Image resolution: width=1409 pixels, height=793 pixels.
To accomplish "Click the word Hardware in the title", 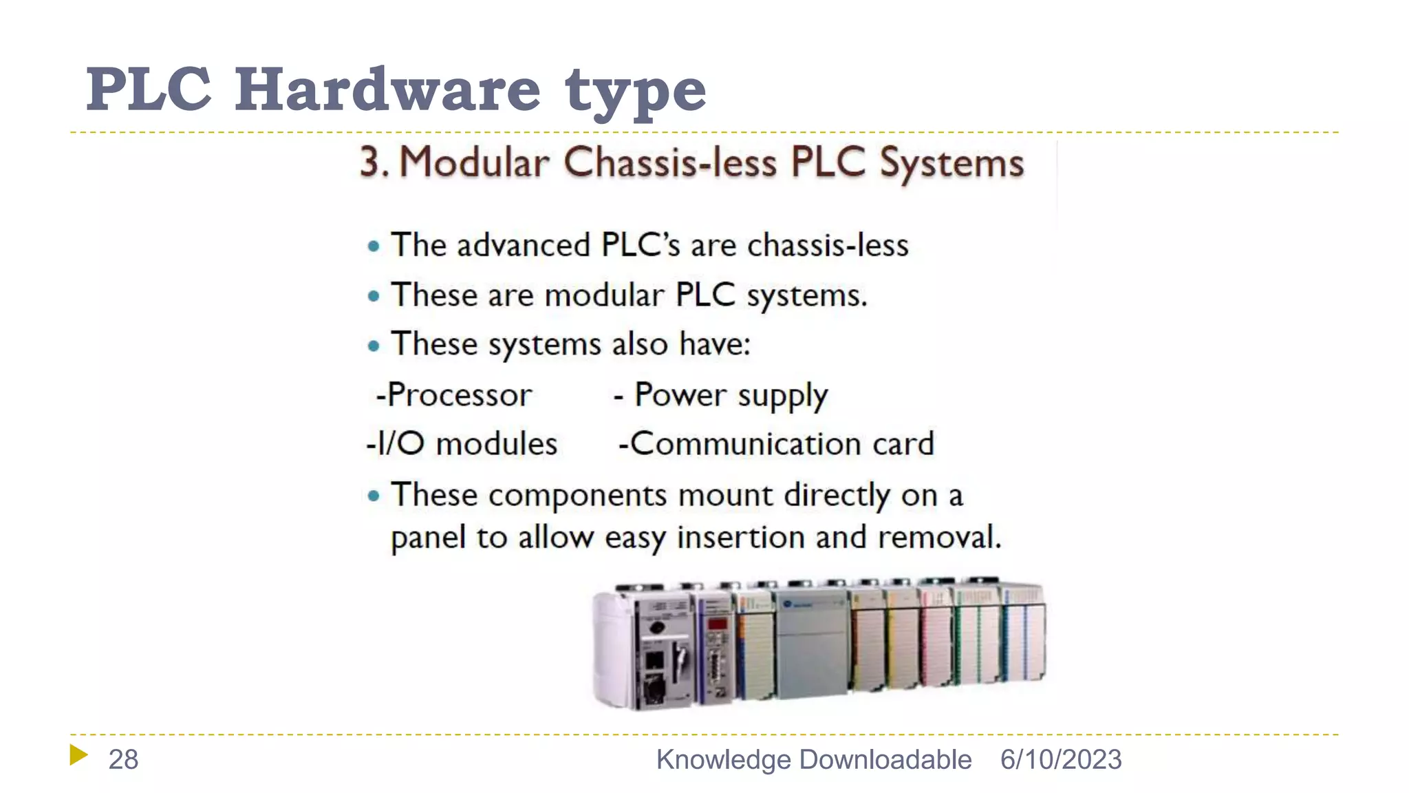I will [x=387, y=89].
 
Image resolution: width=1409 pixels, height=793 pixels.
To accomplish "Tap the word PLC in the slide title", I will [x=149, y=89].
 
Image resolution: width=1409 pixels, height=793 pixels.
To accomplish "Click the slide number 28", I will [x=123, y=759].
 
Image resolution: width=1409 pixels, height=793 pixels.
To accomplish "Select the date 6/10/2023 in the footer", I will [x=1060, y=759].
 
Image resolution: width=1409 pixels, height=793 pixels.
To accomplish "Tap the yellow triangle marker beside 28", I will [x=78, y=755].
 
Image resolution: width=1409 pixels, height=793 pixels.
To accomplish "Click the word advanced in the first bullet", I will [x=523, y=246].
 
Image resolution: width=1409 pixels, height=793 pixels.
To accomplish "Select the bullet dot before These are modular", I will [x=374, y=297].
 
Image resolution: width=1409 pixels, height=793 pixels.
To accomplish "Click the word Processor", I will [x=459, y=395].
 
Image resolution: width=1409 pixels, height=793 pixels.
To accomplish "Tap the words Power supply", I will [x=731, y=395].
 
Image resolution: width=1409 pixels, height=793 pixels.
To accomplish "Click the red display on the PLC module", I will [x=717, y=624].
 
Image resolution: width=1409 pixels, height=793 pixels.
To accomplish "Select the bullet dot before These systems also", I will [x=374, y=346].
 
